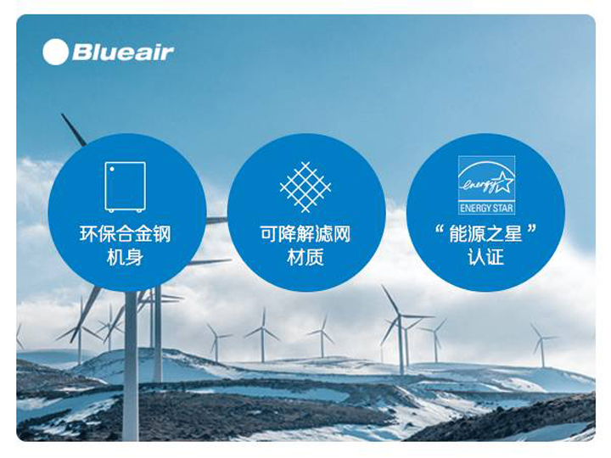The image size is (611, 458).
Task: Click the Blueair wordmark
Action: tap(123, 53)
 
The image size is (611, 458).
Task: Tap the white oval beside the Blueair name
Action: tap(55, 53)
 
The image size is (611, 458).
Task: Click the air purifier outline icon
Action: tap(125, 187)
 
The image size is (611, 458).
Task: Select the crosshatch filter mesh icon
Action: tap(305, 187)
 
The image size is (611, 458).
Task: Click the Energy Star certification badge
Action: tap(486, 185)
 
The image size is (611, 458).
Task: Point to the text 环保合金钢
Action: tap(125, 234)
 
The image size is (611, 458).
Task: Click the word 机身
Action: tap(125, 257)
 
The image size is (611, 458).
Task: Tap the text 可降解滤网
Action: tap(305, 234)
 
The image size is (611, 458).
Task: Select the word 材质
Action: tap(305, 257)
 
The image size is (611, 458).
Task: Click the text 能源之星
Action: tap(485, 234)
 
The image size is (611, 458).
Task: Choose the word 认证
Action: tap(486, 257)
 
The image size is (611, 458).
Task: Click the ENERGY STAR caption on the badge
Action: tap(486, 208)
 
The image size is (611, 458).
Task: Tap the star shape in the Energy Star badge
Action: tap(502, 182)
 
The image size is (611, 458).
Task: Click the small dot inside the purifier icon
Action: tap(112, 169)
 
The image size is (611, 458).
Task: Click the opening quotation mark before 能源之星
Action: tap(440, 229)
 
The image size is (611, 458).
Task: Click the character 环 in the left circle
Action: tap(88, 234)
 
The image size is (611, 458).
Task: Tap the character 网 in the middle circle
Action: tap(342, 234)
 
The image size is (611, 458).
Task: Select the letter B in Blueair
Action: tap(81, 53)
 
